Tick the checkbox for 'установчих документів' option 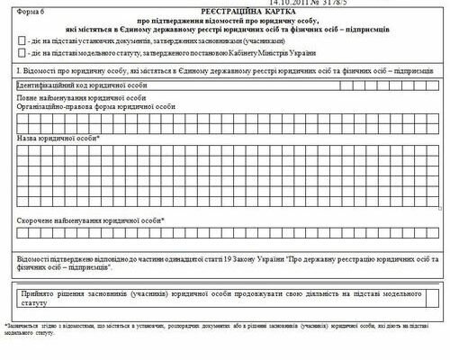tap(22, 40)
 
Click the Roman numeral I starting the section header tap(18, 69)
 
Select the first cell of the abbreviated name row tap(22, 233)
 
